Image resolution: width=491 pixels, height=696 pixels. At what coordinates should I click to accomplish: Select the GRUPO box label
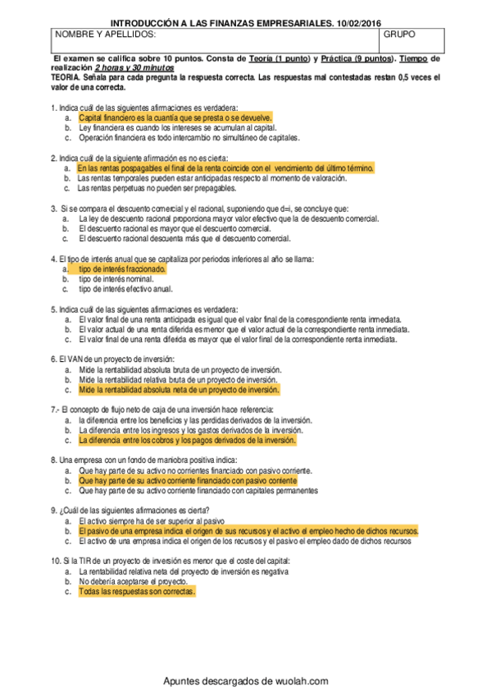pyautogui.click(x=399, y=36)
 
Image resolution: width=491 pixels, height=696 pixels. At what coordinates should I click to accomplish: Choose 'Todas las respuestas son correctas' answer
pyautogui.click(x=138, y=591)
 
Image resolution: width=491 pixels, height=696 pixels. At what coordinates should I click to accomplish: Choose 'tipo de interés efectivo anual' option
pyautogui.click(x=125, y=289)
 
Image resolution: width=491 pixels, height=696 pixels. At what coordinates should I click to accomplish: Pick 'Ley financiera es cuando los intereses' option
pyautogui.click(x=177, y=128)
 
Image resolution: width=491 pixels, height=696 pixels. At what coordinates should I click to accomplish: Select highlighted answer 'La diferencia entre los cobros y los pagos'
pyautogui.click(x=187, y=440)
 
